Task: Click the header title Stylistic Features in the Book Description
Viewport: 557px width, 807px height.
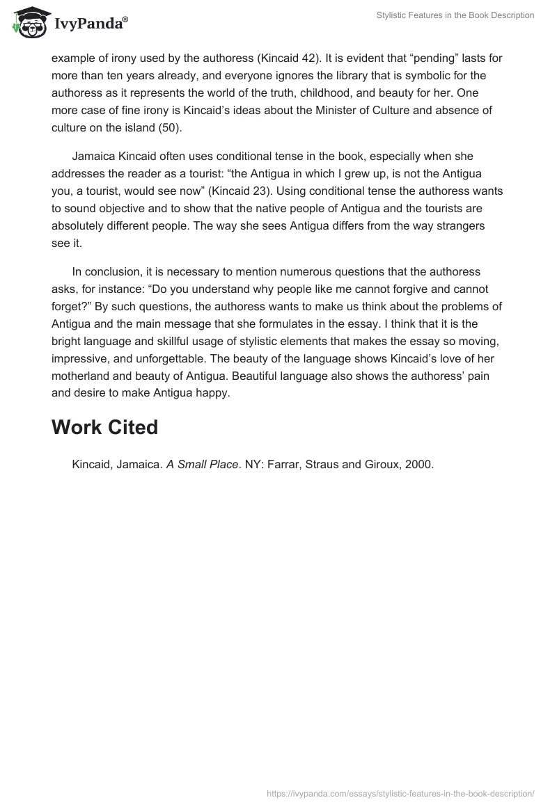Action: pos(455,15)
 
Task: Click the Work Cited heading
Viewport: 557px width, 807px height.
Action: pos(105,426)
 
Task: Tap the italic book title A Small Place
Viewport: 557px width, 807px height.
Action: pos(202,464)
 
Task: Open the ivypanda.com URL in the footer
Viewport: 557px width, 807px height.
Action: pos(400,793)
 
